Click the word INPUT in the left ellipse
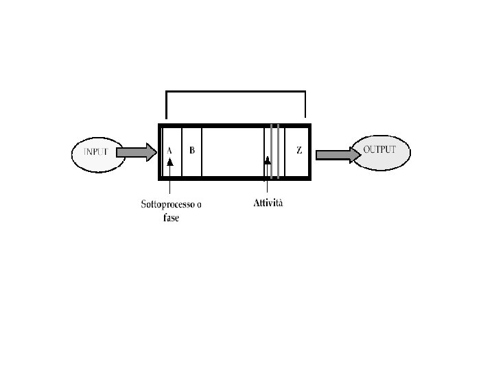click(95, 151)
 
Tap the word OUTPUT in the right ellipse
click(379, 149)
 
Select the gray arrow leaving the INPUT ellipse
click(137, 151)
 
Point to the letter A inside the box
click(169, 150)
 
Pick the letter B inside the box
click(192, 150)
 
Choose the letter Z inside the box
click(298, 151)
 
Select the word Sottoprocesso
click(167, 204)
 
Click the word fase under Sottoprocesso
click(171, 217)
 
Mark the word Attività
click(268, 203)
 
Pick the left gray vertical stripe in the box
click(272, 152)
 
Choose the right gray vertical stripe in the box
click(278, 152)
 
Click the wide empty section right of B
click(233, 152)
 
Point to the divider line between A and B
click(182, 152)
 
